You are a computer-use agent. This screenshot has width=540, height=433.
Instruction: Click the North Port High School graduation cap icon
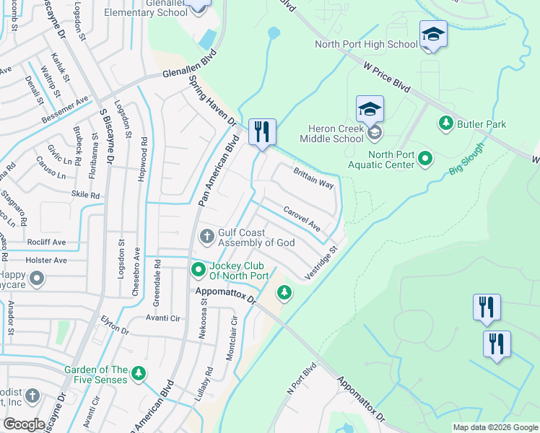434,35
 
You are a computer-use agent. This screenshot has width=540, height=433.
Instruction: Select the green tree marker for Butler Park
445,124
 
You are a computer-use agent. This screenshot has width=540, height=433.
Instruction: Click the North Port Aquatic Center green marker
425,157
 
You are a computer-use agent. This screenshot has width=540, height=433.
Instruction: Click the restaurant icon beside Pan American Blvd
261,132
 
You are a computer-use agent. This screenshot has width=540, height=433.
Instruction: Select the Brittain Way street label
313,178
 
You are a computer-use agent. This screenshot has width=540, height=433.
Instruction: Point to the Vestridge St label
321,263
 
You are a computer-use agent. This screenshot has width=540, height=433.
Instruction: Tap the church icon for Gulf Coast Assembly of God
206,236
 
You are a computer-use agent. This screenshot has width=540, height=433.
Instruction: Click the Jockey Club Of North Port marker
198,270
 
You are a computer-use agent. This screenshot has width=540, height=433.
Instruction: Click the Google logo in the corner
24,424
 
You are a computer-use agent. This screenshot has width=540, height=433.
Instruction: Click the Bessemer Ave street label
65,109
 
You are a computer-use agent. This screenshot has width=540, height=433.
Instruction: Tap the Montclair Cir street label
232,338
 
